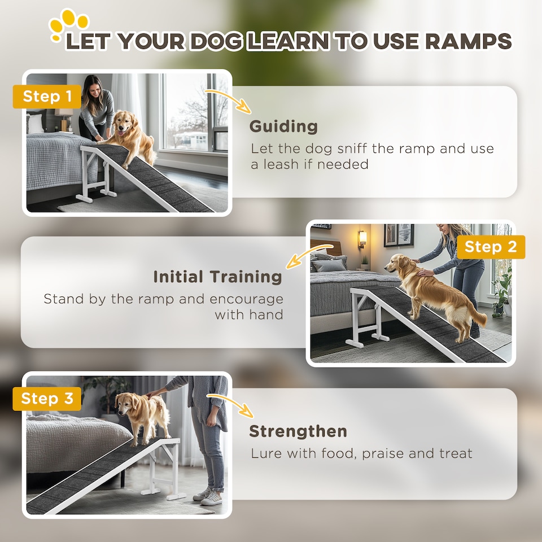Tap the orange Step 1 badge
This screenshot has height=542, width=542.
[x=47, y=97]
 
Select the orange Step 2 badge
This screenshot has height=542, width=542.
[x=491, y=247]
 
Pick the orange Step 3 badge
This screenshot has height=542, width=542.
[x=47, y=399]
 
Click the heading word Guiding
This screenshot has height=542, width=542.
[x=283, y=126]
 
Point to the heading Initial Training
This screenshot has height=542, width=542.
[x=217, y=277]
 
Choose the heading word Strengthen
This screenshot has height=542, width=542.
[x=298, y=431]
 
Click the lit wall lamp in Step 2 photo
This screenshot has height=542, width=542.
[x=362, y=238]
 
